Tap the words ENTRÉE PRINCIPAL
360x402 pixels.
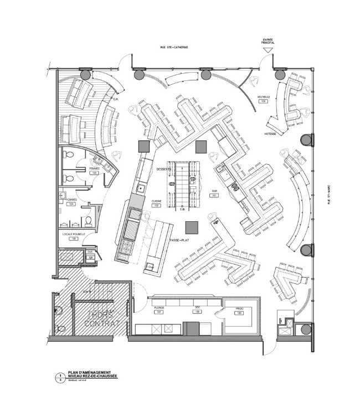pyautogui.click(x=269, y=42)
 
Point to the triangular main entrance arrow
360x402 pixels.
pyautogui.click(x=269, y=50)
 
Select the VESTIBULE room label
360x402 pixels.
pyautogui.click(x=263, y=97)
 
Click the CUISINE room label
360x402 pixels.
pyautogui.click(x=156, y=202)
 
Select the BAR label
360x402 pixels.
pyautogui.click(x=213, y=192)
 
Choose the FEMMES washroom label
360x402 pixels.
pyautogui.click(x=94, y=169)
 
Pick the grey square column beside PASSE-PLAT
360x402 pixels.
pyautogui.click(x=192, y=226)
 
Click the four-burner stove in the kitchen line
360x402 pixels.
pyautogui.click(x=124, y=247)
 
